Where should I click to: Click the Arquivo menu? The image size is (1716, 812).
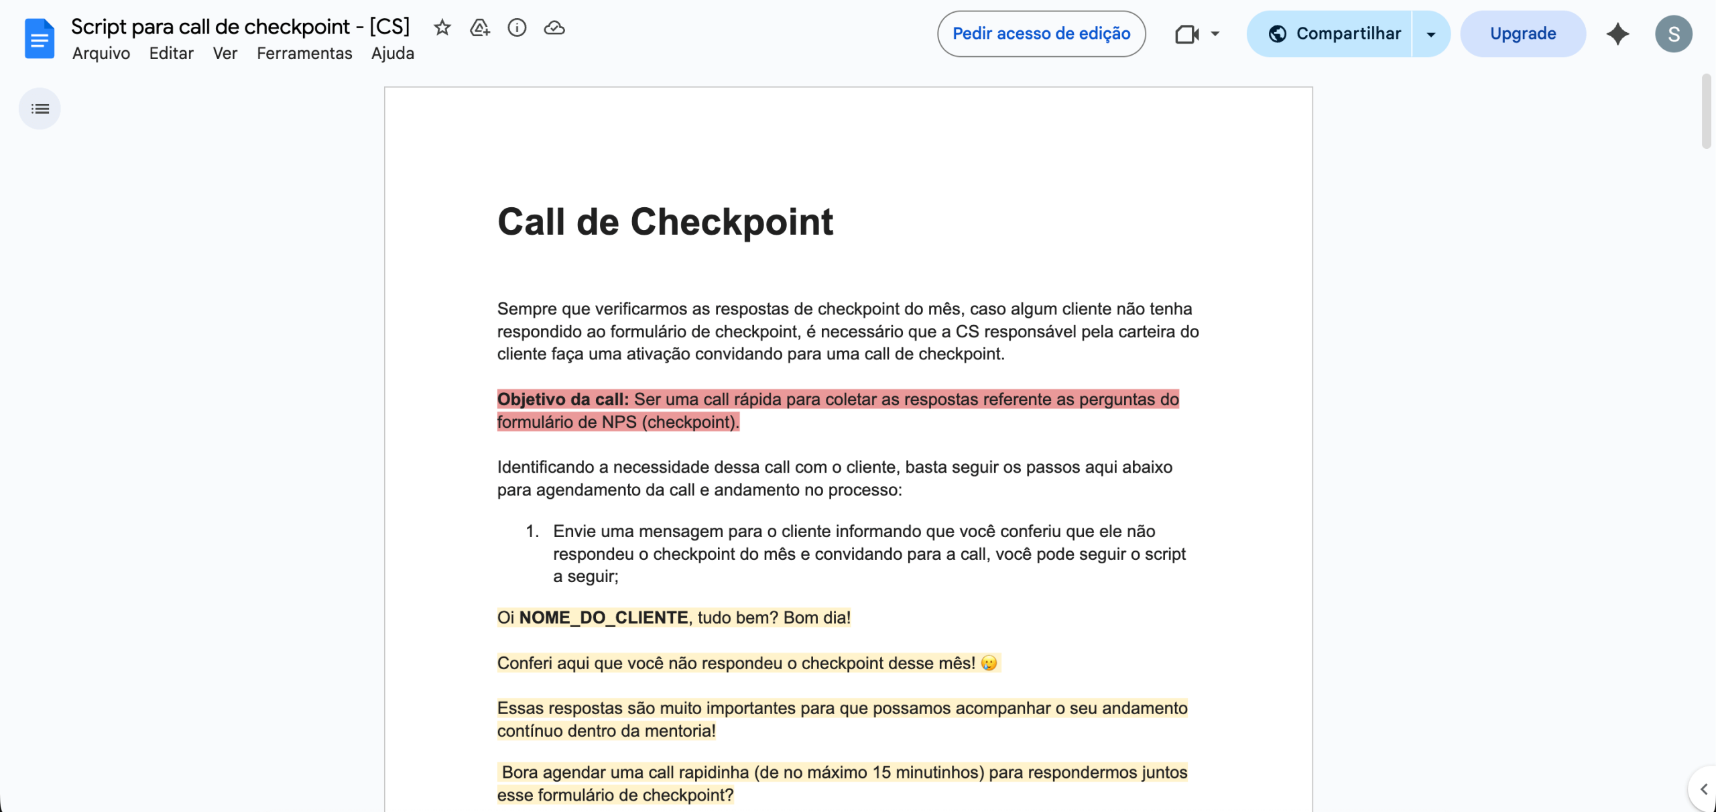pyautogui.click(x=101, y=54)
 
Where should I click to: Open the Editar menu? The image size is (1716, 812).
pyautogui.click(x=171, y=54)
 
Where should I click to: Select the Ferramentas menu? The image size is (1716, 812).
pyautogui.click(x=304, y=54)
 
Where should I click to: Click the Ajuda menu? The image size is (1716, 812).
pyautogui.click(x=392, y=54)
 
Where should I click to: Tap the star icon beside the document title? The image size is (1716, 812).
pyautogui.click(x=442, y=28)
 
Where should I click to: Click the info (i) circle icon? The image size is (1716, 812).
pyautogui.click(x=517, y=28)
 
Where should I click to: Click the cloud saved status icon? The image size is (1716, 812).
pyautogui.click(x=554, y=28)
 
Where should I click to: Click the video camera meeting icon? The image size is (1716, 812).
pyautogui.click(x=1187, y=34)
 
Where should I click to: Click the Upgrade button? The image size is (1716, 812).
pyautogui.click(x=1522, y=34)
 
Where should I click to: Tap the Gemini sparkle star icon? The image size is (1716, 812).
pyautogui.click(x=1617, y=34)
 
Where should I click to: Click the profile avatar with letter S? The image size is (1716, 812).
pyautogui.click(x=1673, y=34)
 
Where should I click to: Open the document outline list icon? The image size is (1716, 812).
pyautogui.click(x=40, y=109)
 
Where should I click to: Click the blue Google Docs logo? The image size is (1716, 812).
pyautogui.click(x=40, y=39)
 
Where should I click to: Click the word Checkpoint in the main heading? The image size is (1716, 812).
pyautogui.click(x=731, y=222)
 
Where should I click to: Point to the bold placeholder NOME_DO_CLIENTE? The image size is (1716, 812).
pyautogui.click(x=603, y=618)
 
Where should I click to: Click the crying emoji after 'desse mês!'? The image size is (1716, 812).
pyautogui.click(x=989, y=663)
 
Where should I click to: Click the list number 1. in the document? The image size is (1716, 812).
pyautogui.click(x=532, y=532)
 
